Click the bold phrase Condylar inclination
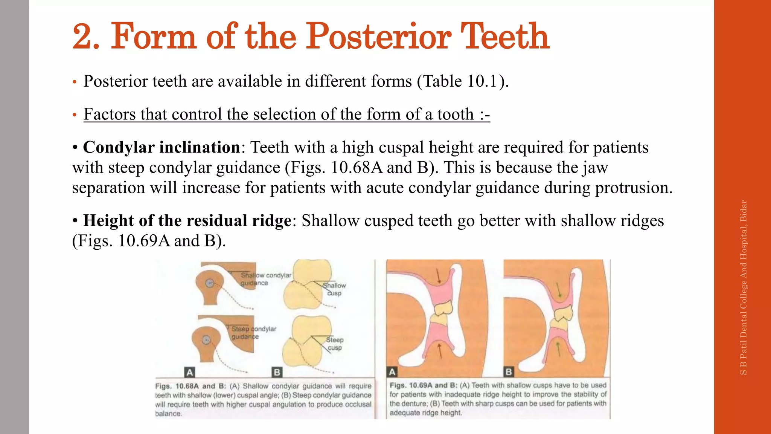[x=162, y=147]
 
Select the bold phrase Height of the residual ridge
[x=187, y=221]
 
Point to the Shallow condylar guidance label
[x=265, y=279]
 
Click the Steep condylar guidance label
[x=253, y=333]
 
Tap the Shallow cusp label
[x=334, y=289]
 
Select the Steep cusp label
[x=334, y=344]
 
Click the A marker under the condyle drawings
[x=190, y=372]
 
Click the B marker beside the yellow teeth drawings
[x=277, y=372]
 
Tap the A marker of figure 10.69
[x=392, y=372]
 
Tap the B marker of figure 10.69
[x=509, y=372]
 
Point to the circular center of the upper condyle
[x=210, y=283]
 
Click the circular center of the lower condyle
[x=206, y=340]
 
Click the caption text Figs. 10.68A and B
[x=190, y=386]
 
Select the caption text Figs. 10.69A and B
[x=423, y=385]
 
